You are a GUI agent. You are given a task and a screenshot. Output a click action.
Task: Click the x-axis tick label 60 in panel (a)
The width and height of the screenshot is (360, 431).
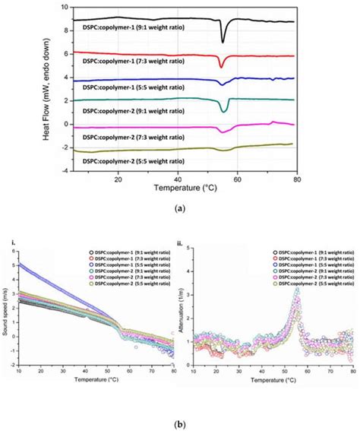(237, 178)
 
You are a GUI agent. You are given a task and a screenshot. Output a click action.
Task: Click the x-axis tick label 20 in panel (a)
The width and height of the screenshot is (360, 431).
(118, 178)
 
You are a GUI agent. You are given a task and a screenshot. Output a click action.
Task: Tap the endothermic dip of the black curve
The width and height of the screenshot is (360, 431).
(223, 40)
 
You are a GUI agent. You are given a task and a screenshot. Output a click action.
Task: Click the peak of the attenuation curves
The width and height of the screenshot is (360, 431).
(298, 291)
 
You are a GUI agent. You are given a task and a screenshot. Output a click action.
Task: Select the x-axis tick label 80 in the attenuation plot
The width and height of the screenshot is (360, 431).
(352, 374)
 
